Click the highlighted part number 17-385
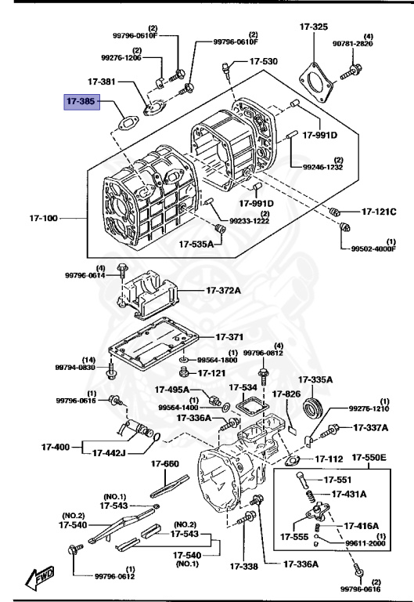81,101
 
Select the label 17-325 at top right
313,27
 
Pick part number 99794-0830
75,367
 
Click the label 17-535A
196,245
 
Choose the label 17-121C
379,212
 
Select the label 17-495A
172,389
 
